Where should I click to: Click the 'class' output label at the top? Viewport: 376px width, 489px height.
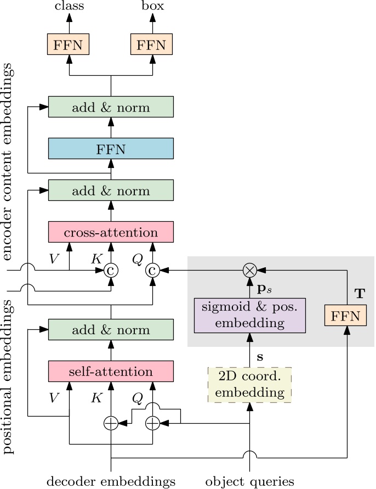coord(69,7)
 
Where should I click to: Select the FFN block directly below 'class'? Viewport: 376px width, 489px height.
coord(69,44)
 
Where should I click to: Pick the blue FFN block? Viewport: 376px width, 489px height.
coord(111,149)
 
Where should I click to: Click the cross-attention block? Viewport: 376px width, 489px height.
coord(111,232)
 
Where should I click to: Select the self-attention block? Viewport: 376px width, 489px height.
coord(111,372)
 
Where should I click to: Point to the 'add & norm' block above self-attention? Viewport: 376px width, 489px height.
coord(111,330)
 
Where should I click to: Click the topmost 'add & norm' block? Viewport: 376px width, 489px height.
coord(111,107)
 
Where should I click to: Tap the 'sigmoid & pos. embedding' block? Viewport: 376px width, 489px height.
coord(249,316)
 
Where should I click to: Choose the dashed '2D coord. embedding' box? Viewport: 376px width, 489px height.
coord(249,385)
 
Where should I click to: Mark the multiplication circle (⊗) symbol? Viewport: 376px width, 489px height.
coord(249,269)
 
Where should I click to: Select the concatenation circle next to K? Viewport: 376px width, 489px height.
coord(111,269)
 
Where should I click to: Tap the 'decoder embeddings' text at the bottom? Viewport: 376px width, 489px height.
coord(111,481)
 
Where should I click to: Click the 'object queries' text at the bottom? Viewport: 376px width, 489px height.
coord(249,481)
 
